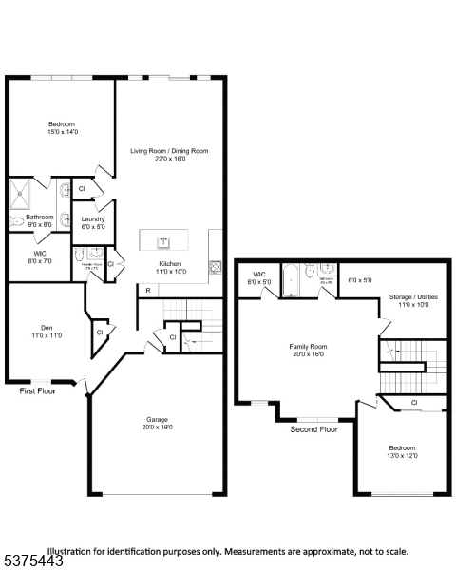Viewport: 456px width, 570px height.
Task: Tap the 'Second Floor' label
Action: click(313, 428)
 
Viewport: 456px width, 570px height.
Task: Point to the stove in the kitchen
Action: click(217, 267)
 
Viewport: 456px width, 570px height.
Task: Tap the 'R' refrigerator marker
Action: click(147, 290)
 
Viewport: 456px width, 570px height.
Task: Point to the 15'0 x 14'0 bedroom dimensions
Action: click(62, 131)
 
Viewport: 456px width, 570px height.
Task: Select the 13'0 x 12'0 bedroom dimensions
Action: click(402, 455)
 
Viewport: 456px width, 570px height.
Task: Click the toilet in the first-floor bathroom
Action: click(16, 221)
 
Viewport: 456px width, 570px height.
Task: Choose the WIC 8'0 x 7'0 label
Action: click(40, 257)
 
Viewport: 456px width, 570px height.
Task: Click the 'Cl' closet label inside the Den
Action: click(100, 332)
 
